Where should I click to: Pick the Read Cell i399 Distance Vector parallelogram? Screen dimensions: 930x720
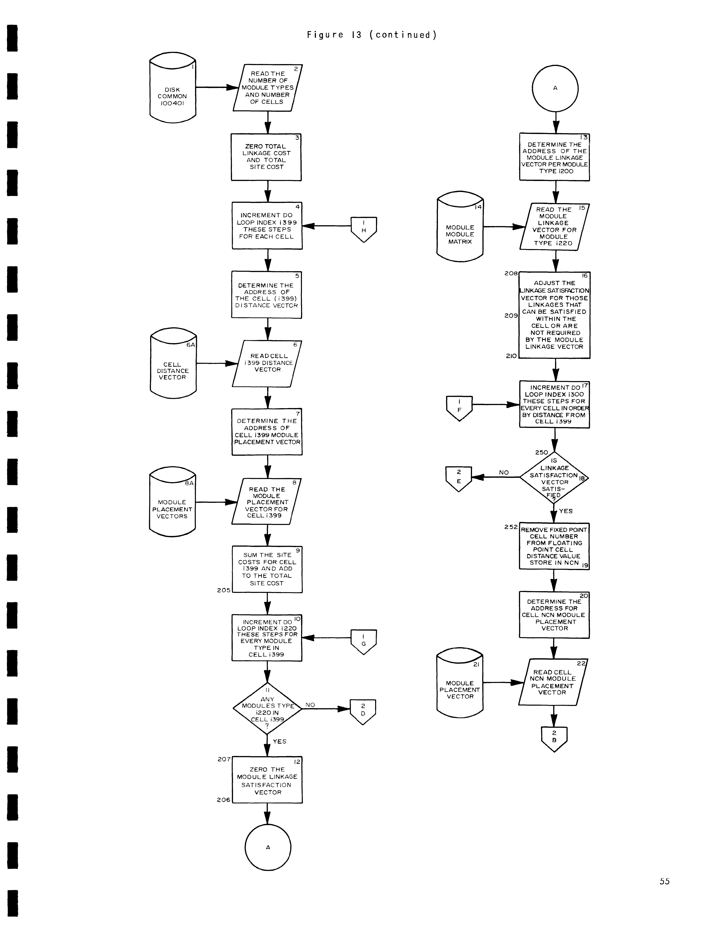point(267,363)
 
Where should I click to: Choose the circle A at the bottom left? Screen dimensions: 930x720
point(268,847)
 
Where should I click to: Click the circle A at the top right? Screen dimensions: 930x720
point(555,88)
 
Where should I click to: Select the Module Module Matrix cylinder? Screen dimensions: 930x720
point(460,228)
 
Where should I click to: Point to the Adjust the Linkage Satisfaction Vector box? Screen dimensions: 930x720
point(554,315)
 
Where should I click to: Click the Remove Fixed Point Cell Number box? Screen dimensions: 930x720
point(554,546)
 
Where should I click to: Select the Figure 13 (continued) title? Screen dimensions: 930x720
point(372,35)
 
